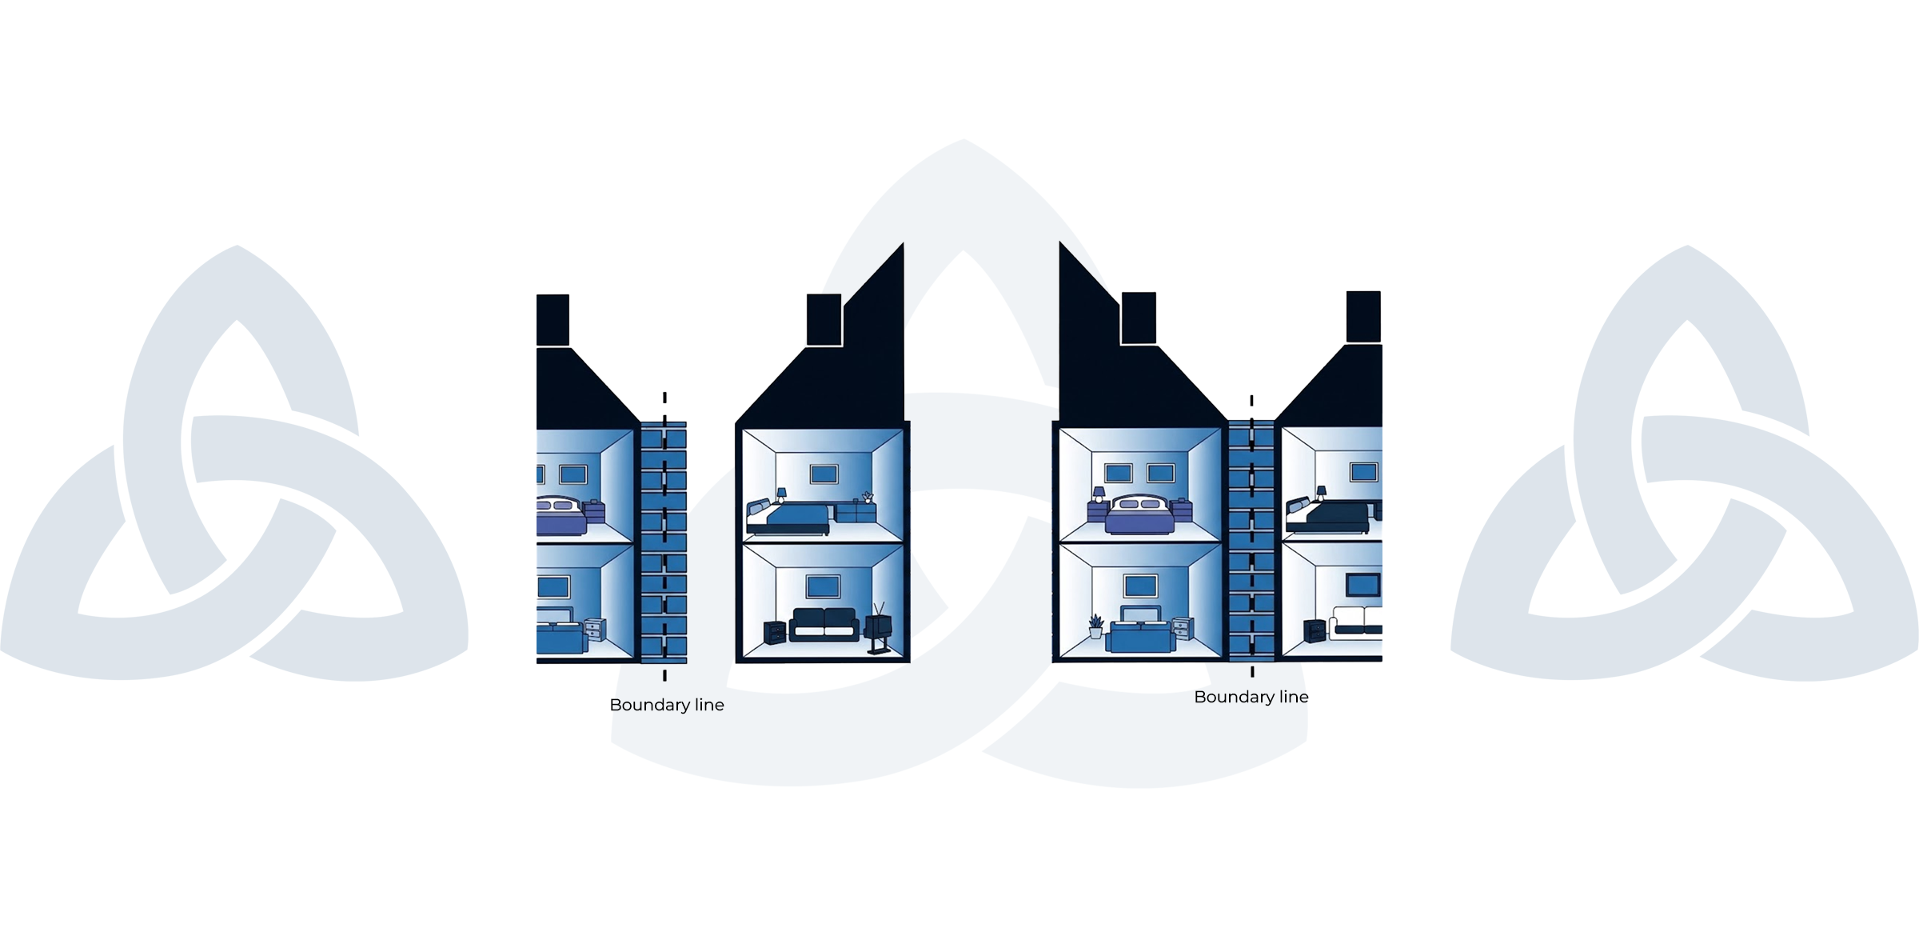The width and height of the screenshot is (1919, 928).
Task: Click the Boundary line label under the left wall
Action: pyautogui.click(x=667, y=705)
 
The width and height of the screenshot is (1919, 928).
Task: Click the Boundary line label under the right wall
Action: pyautogui.click(x=1251, y=697)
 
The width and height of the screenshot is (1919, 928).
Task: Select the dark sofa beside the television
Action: pyautogui.click(x=824, y=625)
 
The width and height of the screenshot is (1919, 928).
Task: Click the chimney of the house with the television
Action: pyautogui.click(x=824, y=319)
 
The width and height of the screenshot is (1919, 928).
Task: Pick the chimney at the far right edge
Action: pyautogui.click(x=1364, y=317)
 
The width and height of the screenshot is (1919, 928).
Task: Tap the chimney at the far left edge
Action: pyautogui.click(x=553, y=320)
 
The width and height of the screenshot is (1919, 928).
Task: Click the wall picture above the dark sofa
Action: pyautogui.click(x=823, y=586)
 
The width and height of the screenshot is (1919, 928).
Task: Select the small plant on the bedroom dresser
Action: pyautogui.click(x=868, y=497)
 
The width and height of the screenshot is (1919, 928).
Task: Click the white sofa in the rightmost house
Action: pyautogui.click(x=1356, y=622)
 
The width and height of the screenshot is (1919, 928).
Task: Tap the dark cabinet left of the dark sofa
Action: pyautogui.click(x=775, y=633)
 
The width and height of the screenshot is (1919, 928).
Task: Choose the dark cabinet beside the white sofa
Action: pyautogui.click(x=1315, y=631)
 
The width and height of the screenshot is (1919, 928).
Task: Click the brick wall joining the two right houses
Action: pyautogui.click(x=1251, y=541)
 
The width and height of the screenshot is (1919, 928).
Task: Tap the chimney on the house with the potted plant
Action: pyautogui.click(x=1139, y=318)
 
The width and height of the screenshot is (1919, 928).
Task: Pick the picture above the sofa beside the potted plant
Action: pyautogui.click(x=1140, y=586)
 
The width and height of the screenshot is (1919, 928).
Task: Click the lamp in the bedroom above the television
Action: pyautogui.click(x=781, y=495)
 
